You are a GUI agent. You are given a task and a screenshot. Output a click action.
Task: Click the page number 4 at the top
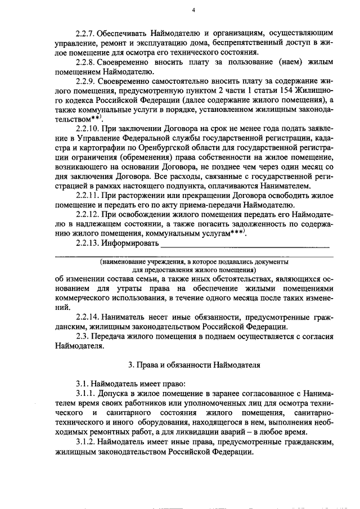point(192,10)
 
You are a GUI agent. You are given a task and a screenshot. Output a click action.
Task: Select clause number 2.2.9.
point(88,82)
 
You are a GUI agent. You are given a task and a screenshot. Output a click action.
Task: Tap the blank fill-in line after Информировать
point(245,245)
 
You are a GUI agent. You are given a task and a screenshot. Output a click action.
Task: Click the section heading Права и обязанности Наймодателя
point(194,365)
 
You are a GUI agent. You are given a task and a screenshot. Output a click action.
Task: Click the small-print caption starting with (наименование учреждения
point(193,262)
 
